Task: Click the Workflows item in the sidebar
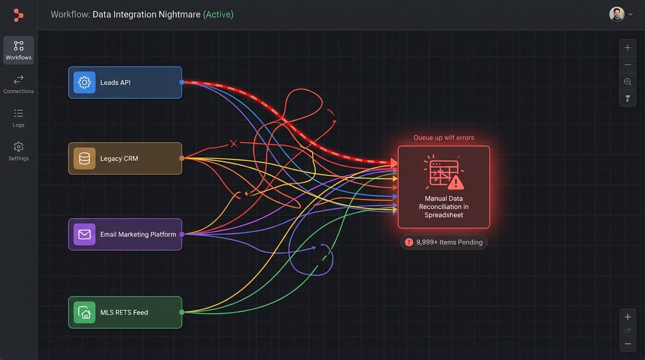pyautogui.click(x=19, y=50)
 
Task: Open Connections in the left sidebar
pyautogui.click(x=19, y=84)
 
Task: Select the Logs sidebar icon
pyautogui.click(x=19, y=118)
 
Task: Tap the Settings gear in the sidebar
pyautogui.click(x=19, y=151)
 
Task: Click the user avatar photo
pyautogui.click(x=616, y=14)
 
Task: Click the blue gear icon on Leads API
pyautogui.click(x=84, y=82)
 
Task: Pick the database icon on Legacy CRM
pyautogui.click(x=84, y=158)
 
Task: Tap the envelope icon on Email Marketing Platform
pyautogui.click(x=84, y=234)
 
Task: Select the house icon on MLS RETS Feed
pyautogui.click(x=84, y=312)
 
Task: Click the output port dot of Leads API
pyautogui.click(x=182, y=82)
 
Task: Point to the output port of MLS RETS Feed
pyautogui.click(x=182, y=312)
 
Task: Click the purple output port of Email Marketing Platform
pyautogui.click(x=182, y=234)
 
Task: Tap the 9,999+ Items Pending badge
pyautogui.click(x=444, y=242)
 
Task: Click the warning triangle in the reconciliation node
pyautogui.click(x=455, y=182)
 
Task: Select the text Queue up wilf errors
pyautogui.click(x=443, y=138)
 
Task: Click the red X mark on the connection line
pyautogui.click(x=233, y=143)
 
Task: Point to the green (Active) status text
pyautogui.click(x=218, y=15)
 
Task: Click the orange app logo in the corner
pyautogui.click(x=18, y=15)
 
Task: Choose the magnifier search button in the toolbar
pyautogui.click(x=628, y=82)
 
